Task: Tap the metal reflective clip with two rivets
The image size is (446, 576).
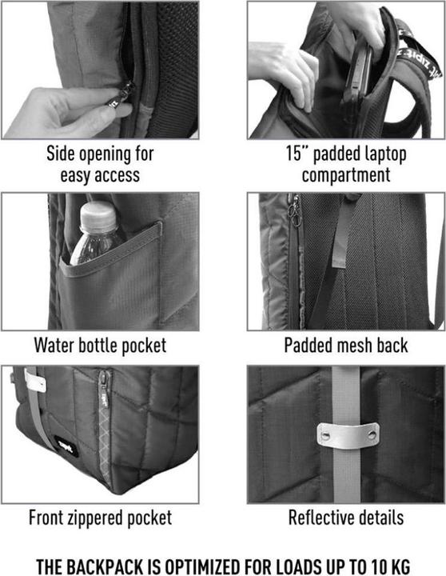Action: (x=348, y=434)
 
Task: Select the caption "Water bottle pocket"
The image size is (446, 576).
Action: (x=100, y=346)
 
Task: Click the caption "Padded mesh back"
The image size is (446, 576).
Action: (x=346, y=346)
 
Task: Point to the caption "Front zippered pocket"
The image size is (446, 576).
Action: (x=100, y=518)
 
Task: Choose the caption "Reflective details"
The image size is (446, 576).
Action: (x=346, y=518)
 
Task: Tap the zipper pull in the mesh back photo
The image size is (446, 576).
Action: (x=295, y=211)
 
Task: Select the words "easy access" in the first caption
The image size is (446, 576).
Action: (x=100, y=174)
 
